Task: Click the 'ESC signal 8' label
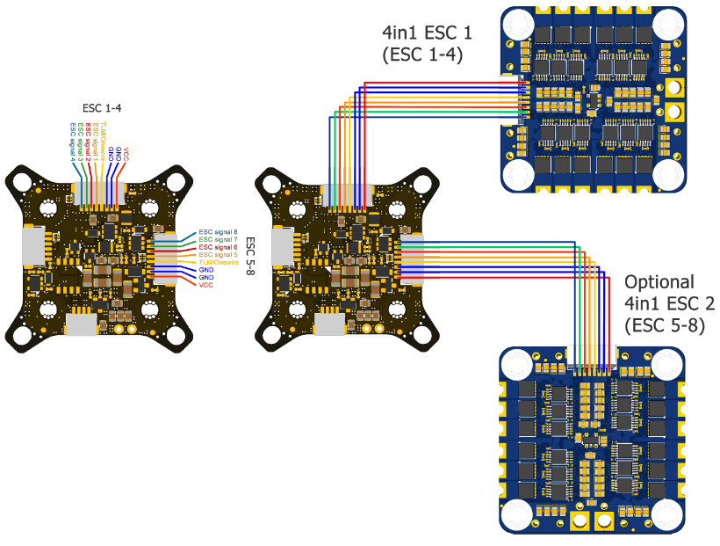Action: tap(219, 231)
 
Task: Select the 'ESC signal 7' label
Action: tap(219, 239)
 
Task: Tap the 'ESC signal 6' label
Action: tap(219, 248)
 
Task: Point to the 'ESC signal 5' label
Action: tap(219, 255)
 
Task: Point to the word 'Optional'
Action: tap(659, 283)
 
